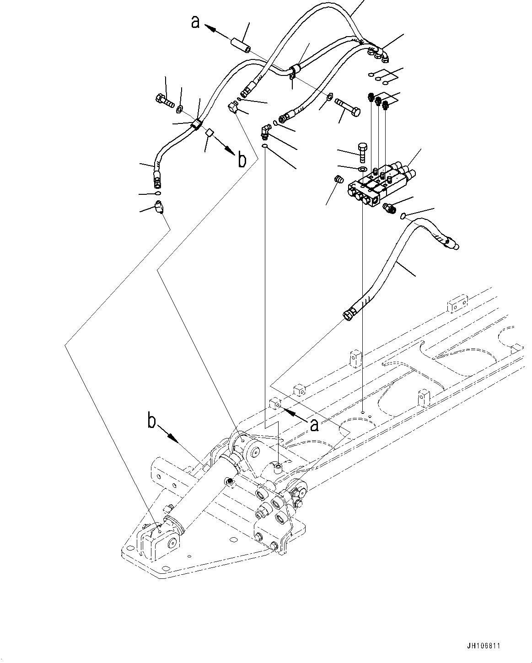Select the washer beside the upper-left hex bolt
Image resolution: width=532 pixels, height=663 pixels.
pos(180,109)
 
